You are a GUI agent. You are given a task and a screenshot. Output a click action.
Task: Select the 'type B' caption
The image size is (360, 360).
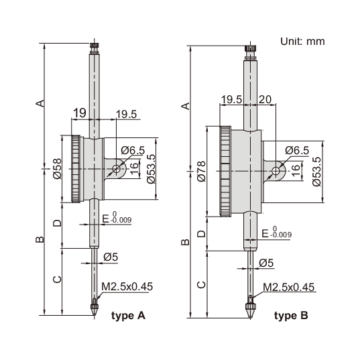click(x=291, y=315)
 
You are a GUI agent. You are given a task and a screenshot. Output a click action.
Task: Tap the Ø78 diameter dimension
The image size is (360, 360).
click(x=201, y=171)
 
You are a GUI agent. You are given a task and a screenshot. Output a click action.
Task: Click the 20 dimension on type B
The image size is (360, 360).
click(x=265, y=99)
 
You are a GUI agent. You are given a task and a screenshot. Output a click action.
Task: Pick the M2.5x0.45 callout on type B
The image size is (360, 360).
click(x=288, y=287)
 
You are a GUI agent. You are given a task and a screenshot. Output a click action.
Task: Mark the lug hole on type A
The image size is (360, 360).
click(x=117, y=169)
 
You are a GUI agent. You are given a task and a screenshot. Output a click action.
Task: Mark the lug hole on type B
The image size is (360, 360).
click(x=276, y=172)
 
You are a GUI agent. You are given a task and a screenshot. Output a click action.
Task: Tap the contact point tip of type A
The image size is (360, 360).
click(x=93, y=311)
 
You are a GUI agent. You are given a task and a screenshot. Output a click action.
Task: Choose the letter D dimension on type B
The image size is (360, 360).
click(x=200, y=234)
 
